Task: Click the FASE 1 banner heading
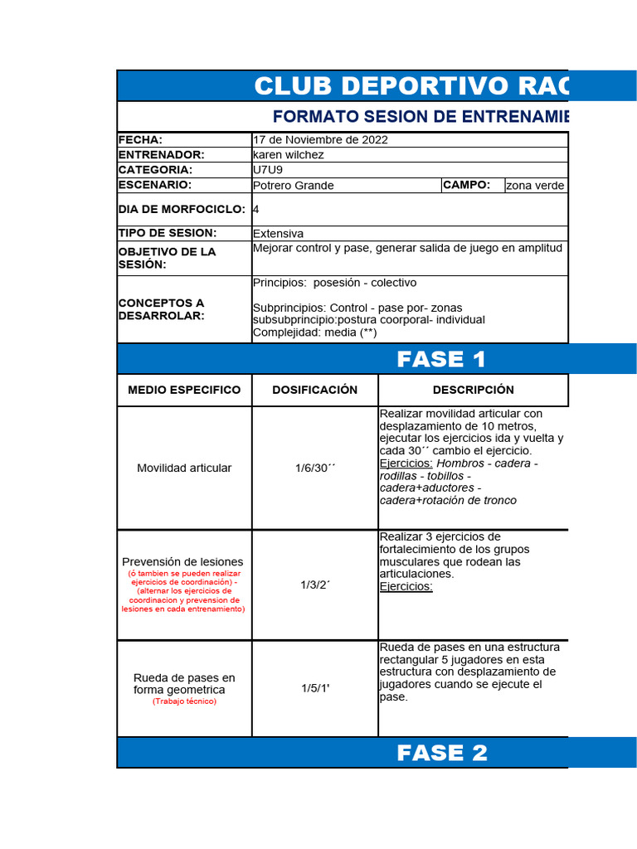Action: [441, 359]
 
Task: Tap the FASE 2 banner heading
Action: [441, 753]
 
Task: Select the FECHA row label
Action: [141, 139]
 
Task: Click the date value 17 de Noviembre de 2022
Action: [320, 139]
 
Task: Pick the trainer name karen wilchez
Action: [288, 155]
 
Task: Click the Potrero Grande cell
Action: [293, 185]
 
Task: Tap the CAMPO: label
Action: [467, 185]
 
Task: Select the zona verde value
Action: [536, 186]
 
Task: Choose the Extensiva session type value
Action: [278, 234]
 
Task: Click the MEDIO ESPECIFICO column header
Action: [184, 390]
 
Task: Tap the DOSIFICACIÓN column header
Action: [315, 390]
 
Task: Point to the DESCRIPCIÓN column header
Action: [473, 390]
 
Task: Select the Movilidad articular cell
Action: [184, 468]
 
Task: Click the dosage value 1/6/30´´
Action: [315, 468]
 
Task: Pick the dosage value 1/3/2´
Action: [315, 585]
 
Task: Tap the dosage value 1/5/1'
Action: [315, 688]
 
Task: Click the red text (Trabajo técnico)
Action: [184, 701]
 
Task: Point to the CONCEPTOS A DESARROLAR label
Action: [161, 309]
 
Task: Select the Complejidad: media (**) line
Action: [314, 332]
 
